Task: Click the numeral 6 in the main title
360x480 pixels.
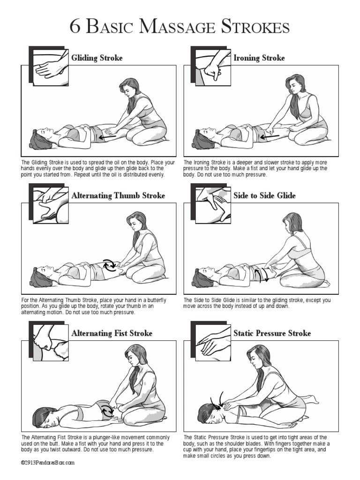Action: pos(75,27)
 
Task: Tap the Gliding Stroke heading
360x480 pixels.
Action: pos(97,58)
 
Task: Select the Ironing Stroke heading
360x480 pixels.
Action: pos(259,58)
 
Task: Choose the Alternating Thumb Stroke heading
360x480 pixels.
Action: pos(118,195)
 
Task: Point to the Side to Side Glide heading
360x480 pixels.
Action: pos(264,195)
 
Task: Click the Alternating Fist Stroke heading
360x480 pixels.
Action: pos(112,333)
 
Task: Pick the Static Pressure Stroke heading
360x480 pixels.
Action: pos(272,333)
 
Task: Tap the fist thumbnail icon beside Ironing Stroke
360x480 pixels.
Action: pos(211,67)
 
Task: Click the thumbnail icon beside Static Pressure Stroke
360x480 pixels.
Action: pos(211,342)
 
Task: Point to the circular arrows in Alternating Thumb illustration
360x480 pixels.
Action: pos(111,265)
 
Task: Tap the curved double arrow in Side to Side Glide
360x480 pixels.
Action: pos(260,274)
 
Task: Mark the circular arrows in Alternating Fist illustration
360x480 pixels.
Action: pos(107,411)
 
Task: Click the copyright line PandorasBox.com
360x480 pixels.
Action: pos(47,462)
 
